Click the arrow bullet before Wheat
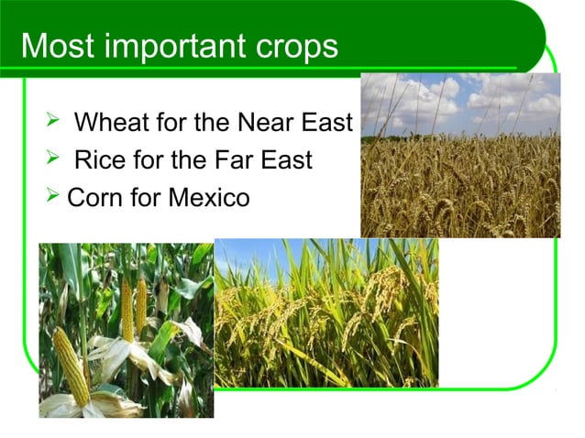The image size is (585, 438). (52, 122)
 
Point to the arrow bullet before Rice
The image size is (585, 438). (52, 160)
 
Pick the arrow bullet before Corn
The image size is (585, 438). (52, 197)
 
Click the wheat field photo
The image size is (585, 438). (459, 156)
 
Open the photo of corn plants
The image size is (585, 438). (126, 330)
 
